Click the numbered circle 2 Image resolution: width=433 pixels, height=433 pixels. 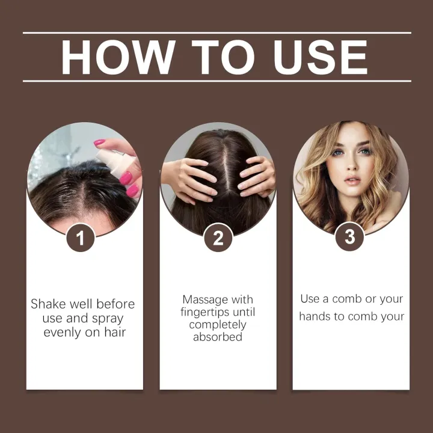click(x=218, y=239)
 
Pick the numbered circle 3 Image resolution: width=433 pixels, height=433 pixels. click(x=350, y=236)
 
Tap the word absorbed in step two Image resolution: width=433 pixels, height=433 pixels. click(x=218, y=337)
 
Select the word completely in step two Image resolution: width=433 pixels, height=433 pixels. click(x=218, y=325)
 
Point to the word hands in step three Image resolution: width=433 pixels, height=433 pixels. click(x=314, y=316)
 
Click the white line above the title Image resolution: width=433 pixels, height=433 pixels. click(x=216, y=33)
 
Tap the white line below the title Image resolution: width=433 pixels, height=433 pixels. click(x=216, y=81)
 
